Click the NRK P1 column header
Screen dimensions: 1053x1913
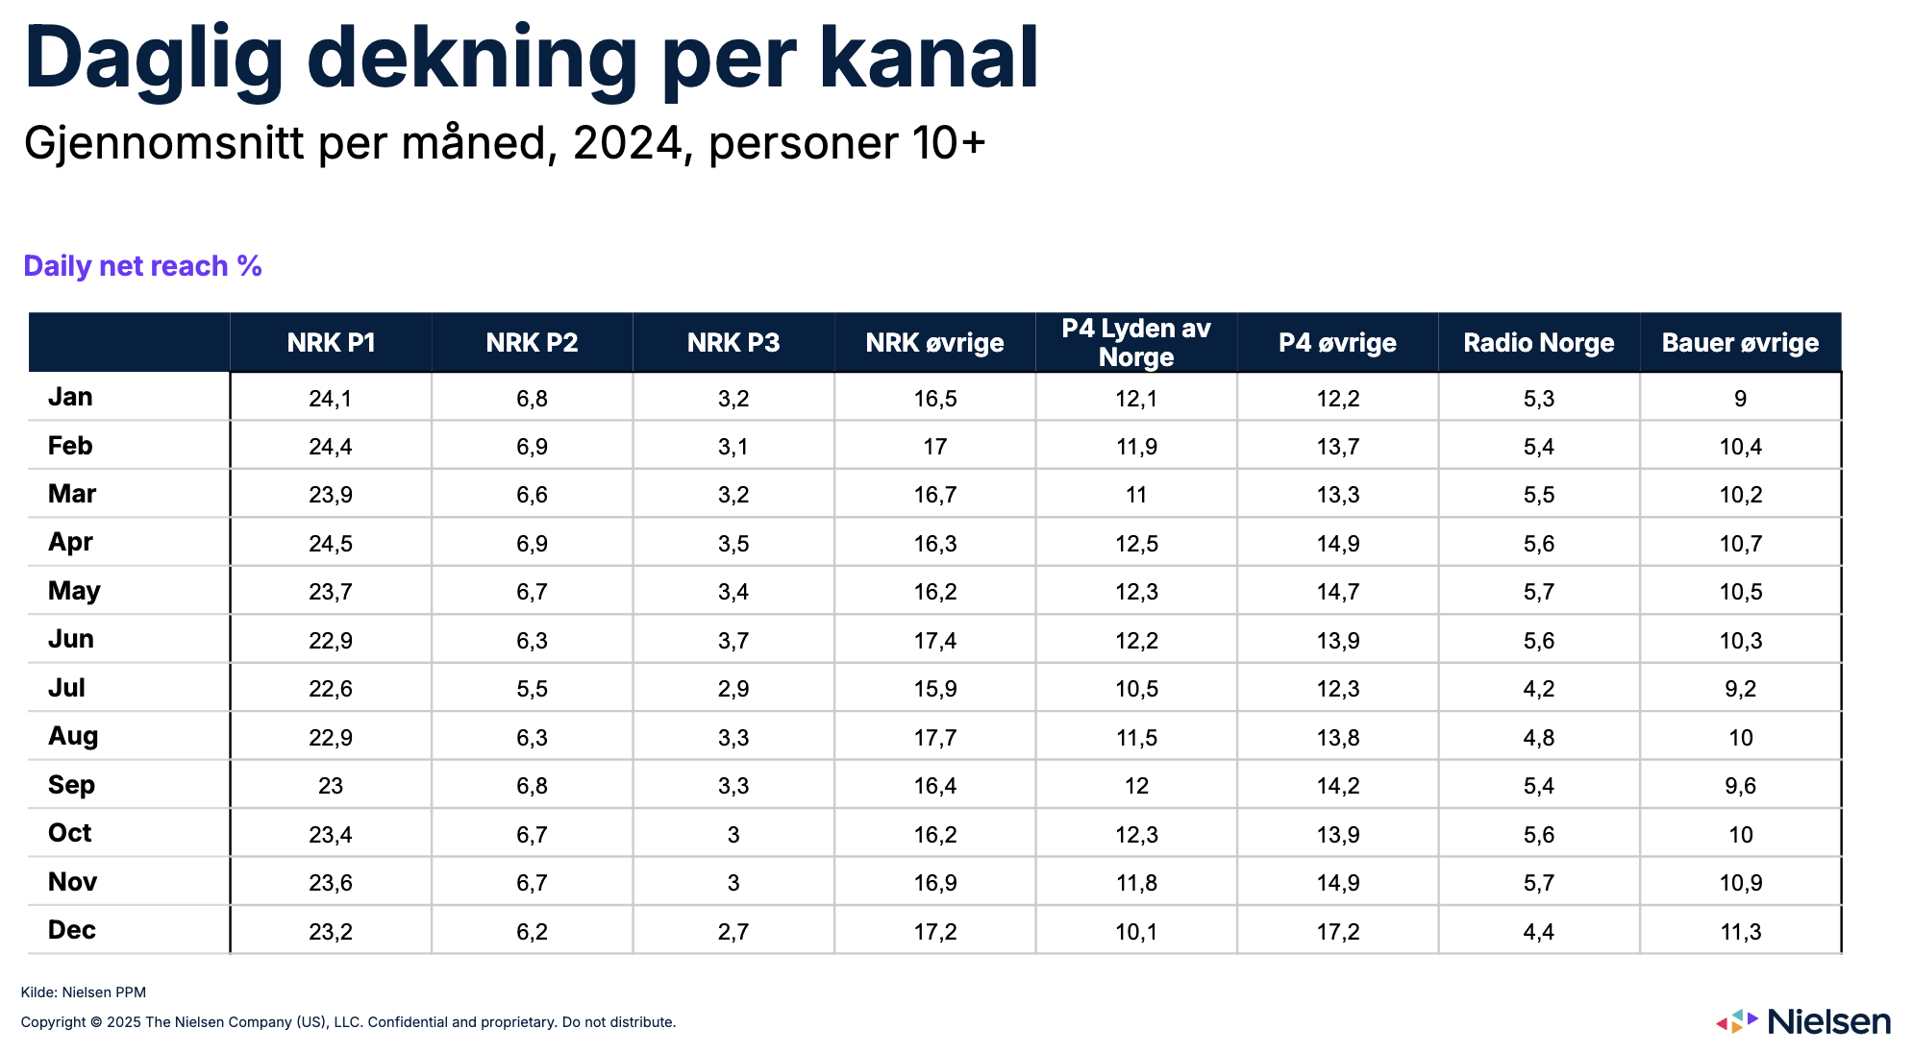click(x=331, y=343)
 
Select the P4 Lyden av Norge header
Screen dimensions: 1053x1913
click(x=1136, y=343)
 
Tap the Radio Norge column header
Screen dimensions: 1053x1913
click(x=1538, y=343)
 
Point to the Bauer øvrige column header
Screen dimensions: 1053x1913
click(x=1740, y=343)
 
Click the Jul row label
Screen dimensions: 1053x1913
click(x=66, y=688)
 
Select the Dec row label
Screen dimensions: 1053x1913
click(x=71, y=930)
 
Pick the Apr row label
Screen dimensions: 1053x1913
click(x=70, y=542)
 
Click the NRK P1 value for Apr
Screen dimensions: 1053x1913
click(x=331, y=544)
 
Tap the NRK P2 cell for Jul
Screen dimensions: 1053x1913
click(x=532, y=689)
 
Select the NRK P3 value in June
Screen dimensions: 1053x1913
click(x=733, y=641)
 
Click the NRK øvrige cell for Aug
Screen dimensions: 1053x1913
click(x=934, y=738)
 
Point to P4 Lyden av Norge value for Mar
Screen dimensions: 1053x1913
click(x=1136, y=496)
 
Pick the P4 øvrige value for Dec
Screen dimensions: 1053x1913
click(x=1337, y=932)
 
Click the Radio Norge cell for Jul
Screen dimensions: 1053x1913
click(x=1538, y=689)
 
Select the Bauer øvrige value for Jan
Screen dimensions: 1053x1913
click(x=1740, y=399)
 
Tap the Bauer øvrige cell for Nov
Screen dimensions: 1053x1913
click(x=1740, y=883)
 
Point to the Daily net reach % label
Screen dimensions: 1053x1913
click(x=142, y=266)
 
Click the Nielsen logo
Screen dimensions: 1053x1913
click(x=1803, y=1021)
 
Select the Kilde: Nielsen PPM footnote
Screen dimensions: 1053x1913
click(x=84, y=992)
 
